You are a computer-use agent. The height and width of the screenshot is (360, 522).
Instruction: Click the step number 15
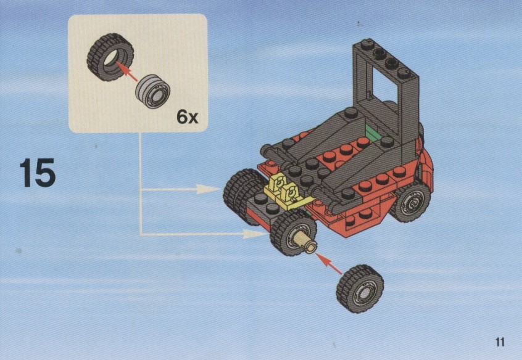coord(37,173)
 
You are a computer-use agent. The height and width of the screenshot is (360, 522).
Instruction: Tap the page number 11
coord(500,342)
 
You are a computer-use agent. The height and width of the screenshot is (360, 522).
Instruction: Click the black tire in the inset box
coord(110,57)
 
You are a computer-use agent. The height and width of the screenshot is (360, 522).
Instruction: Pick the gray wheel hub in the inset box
coord(153,91)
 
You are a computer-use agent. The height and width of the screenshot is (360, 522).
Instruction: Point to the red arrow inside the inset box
coord(126,72)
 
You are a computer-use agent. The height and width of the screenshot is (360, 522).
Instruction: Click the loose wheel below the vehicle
coord(360,288)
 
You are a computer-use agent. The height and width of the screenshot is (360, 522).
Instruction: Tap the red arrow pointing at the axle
coord(329,263)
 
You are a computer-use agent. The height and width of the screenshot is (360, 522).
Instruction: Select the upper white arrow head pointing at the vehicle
coord(208,189)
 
